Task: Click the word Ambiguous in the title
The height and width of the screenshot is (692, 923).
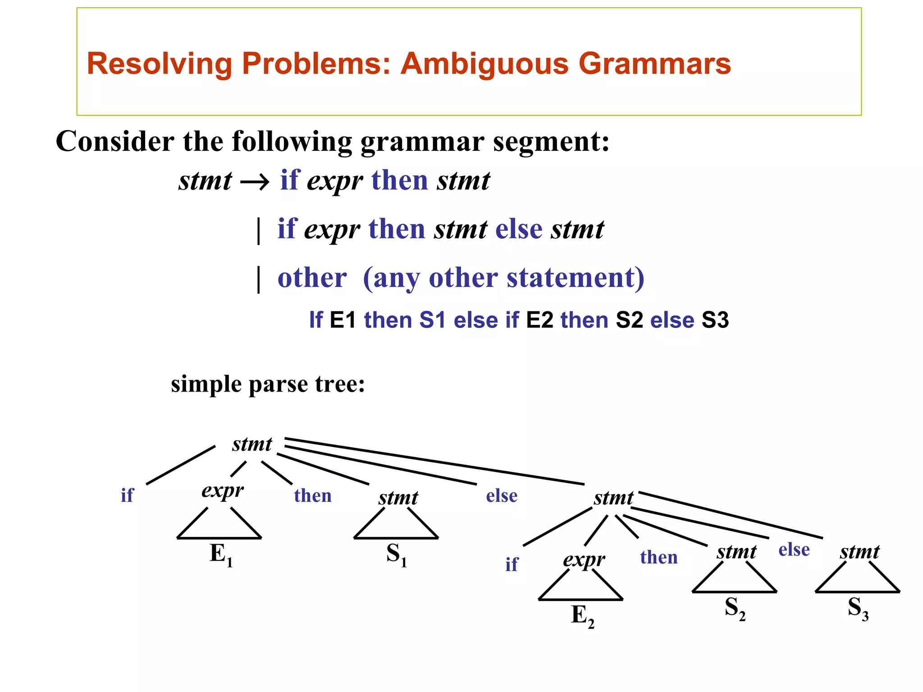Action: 485,64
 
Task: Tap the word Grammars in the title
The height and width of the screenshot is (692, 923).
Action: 654,64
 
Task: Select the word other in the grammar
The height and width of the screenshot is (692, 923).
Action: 312,278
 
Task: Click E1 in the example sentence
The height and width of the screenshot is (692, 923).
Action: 343,320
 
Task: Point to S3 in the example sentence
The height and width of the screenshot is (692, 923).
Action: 715,320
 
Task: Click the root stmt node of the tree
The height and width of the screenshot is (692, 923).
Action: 252,445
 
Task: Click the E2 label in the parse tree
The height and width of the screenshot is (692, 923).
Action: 582,615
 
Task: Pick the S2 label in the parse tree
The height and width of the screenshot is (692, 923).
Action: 735,608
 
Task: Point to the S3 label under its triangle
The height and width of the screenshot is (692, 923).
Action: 858,608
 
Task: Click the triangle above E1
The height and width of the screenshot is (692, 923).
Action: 219,525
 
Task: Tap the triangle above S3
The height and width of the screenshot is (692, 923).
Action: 858,579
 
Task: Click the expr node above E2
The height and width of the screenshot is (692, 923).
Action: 584,560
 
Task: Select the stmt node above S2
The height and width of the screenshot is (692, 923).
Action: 736,551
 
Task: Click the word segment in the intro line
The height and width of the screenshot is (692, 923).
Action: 551,142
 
